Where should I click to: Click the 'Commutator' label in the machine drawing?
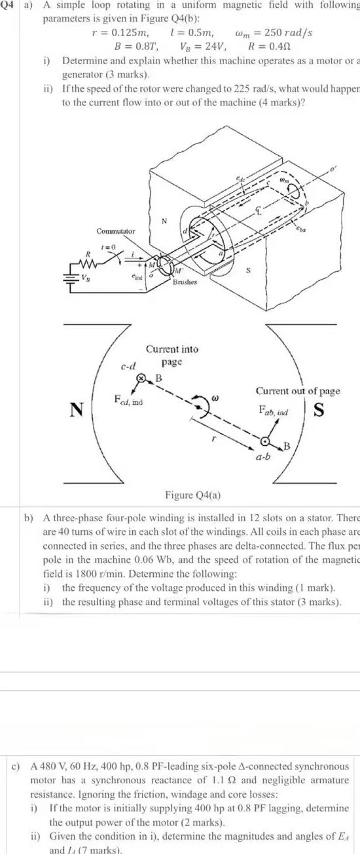(x=116, y=231)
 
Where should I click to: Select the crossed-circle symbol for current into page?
(x=140, y=378)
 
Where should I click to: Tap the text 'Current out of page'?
(x=298, y=391)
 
